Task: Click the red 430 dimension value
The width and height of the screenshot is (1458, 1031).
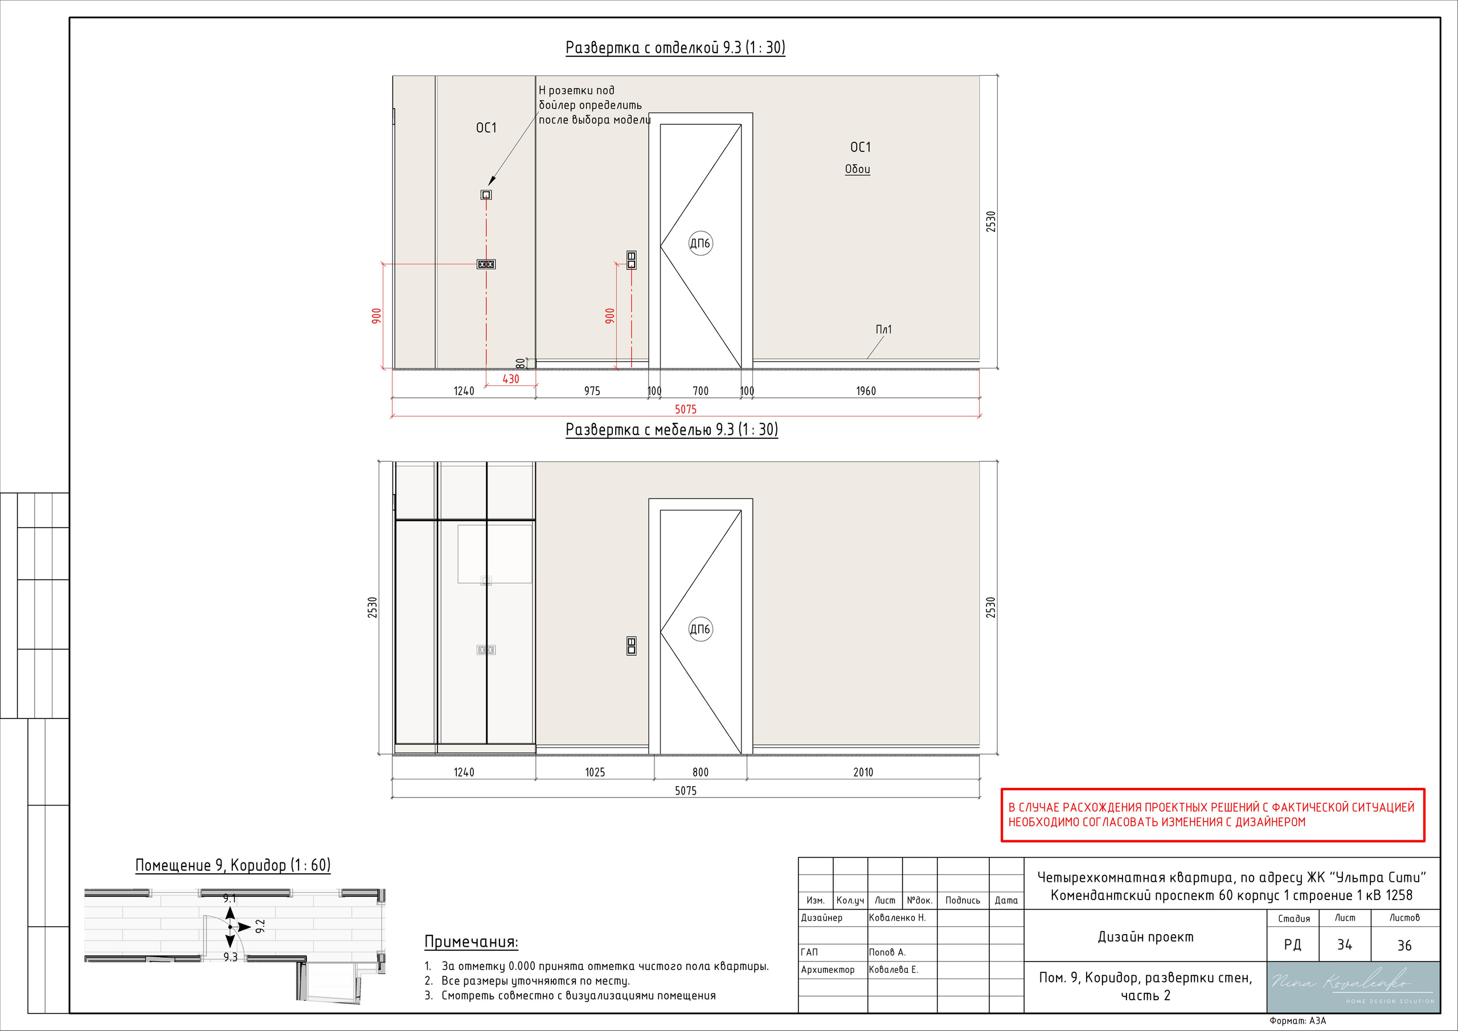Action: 510,379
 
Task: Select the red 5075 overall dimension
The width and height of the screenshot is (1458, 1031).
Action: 686,409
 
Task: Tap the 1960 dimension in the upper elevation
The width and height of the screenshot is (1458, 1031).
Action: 866,391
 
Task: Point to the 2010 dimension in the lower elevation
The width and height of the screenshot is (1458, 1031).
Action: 863,773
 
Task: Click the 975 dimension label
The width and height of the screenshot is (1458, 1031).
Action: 592,391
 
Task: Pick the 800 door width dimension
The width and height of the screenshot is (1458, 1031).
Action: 701,773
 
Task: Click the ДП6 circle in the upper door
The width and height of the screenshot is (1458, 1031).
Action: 701,243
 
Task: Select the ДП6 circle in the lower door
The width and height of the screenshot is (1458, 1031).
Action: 701,629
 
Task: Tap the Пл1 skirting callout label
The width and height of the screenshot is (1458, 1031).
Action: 883,330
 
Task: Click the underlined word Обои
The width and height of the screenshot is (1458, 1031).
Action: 857,169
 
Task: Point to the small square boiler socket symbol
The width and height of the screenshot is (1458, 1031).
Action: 486,195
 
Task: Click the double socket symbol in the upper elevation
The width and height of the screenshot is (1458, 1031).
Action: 486,264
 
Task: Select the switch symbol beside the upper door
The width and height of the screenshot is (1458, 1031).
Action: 631,260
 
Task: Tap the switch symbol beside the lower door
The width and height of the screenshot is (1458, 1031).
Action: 631,646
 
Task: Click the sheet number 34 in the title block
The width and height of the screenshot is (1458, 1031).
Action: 1344,944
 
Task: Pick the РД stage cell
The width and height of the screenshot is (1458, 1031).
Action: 1292,944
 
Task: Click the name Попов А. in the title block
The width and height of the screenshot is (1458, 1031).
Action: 887,952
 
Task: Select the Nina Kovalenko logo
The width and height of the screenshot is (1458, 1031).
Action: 1353,987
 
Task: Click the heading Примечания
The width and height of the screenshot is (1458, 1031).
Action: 471,942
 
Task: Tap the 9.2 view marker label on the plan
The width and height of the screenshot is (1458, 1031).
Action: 260,926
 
